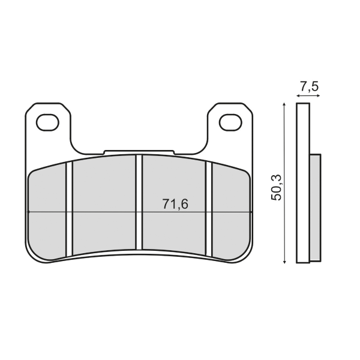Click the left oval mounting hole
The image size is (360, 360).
coord(46,122)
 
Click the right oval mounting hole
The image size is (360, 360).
coord(229,122)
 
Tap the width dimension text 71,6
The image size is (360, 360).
coord(175,204)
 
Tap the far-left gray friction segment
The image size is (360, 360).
coord(47,210)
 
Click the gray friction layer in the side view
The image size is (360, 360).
coord(315,207)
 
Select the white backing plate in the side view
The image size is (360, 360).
coord(304,183)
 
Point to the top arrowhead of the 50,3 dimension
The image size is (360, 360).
coord(284,106)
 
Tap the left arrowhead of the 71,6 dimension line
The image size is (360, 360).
coord(31,212)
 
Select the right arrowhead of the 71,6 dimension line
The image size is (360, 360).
coord(248,212)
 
